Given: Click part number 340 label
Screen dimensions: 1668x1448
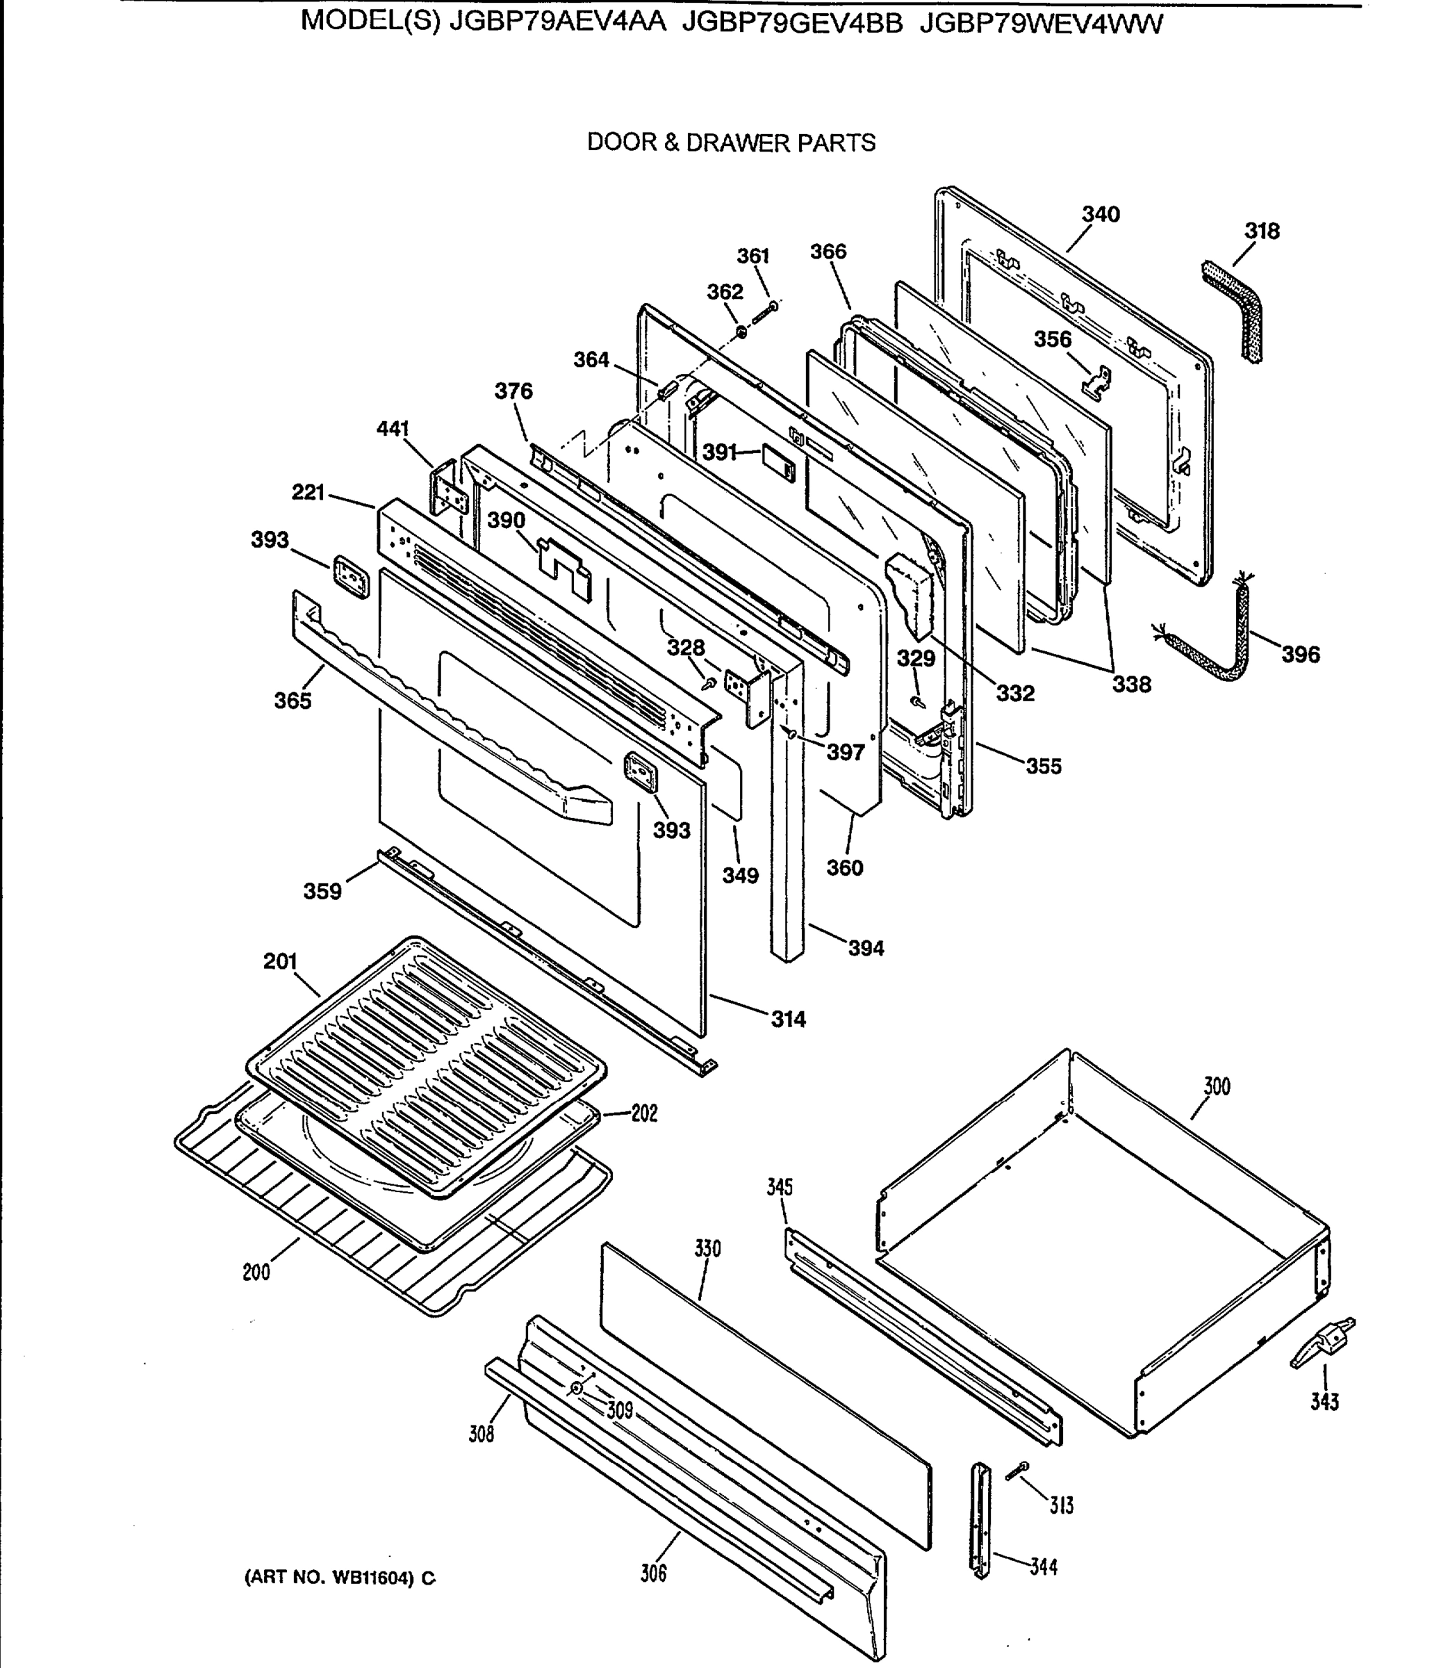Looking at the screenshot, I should (x=1101, y=214).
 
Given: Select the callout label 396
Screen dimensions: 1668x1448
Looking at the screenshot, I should (x=1300, y=654).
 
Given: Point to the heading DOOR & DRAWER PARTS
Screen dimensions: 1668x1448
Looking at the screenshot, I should (x=730, y=143).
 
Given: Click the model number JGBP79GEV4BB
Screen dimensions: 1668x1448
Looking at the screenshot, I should (x=792, y=24).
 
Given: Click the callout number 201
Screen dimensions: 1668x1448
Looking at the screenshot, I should (x=281, y=962).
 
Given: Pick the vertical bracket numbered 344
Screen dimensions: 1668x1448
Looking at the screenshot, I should (x=980, y=1519).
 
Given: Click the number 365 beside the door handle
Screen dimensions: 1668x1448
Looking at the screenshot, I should (x=293, y=701).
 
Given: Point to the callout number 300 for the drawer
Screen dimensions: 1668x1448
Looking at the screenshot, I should (x=1216, y=1087).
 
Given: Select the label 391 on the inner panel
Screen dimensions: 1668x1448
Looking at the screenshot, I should (x=719, y=452).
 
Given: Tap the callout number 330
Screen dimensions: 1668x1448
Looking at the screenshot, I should (x=707, y=1249).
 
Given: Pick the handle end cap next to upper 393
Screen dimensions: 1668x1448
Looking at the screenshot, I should (x=349, y=575).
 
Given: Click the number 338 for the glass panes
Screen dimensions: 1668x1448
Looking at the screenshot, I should (x=1131, y=685).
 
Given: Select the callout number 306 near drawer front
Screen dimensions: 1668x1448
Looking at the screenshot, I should (x=653, y=1573).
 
